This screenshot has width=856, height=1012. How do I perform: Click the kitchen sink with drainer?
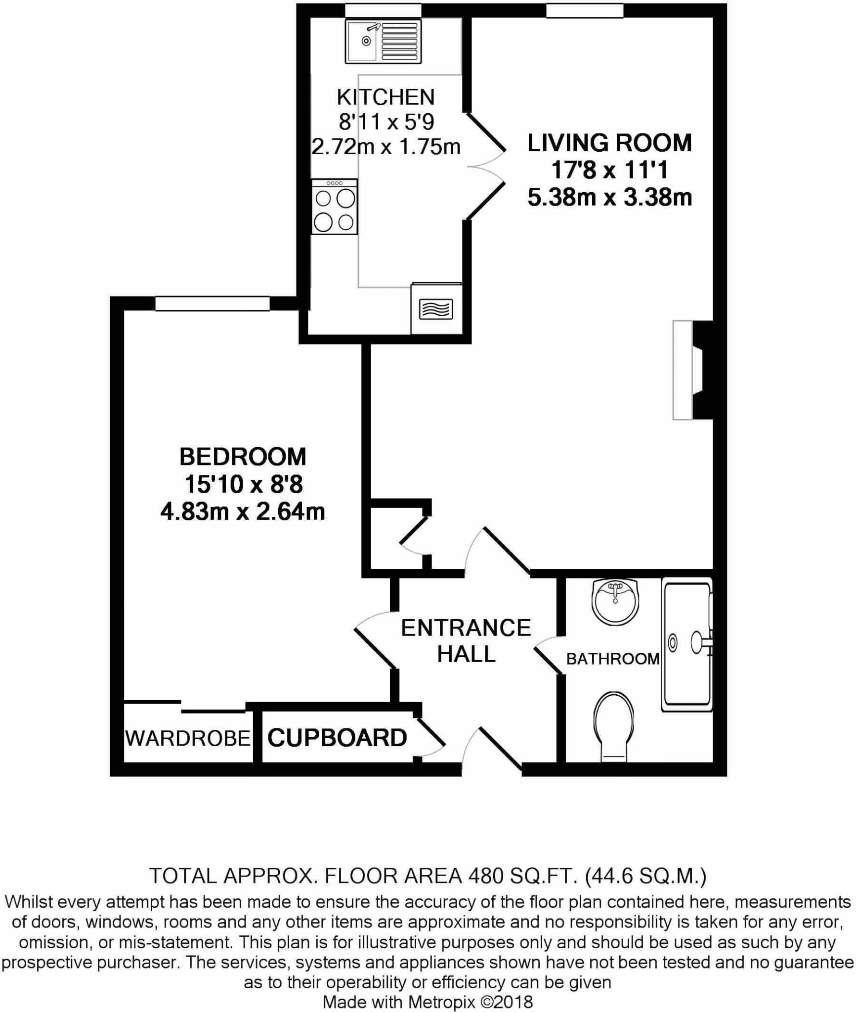pos(383,42)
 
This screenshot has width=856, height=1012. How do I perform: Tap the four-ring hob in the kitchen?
pos(335,207)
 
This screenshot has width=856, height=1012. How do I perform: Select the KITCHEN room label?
pos(385,97)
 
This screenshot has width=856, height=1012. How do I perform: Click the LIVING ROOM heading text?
pos(609,143)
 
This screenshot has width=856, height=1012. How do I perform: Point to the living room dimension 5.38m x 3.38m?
pos(609,197)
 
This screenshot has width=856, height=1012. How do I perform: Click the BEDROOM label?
pos(243,456)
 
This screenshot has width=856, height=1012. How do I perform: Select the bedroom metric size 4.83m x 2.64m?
pos(243,511)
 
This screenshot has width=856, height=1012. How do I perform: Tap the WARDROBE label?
pos(188,738)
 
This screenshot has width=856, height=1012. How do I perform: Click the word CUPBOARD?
pos(337,738)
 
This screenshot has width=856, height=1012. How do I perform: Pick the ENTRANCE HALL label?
pos(466,640)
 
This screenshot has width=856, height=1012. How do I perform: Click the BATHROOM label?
pos(612,658)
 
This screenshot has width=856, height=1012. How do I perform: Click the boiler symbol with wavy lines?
pos(435,309)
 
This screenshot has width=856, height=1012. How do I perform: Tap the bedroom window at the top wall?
pos(213,303)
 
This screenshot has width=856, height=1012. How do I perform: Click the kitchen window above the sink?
pos(383,10)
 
